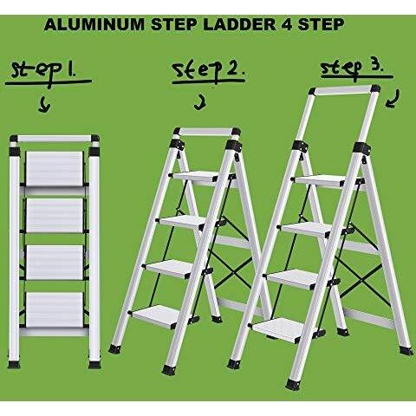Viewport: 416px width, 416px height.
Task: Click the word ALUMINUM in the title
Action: click(94, 24)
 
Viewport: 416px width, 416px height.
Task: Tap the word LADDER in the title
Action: click(239, 24)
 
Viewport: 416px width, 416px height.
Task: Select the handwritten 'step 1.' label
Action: click(44, 72)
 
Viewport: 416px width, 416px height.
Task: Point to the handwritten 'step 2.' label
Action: click(207, 71)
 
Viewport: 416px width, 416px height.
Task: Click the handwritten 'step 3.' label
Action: click(352, 68)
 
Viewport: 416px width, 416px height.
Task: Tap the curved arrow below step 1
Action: click(45, 106)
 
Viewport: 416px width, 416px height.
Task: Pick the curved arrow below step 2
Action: click(200, 103)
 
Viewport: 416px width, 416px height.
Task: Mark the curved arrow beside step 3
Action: click(393, 99)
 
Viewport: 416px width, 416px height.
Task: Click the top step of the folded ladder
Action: click(55, 168)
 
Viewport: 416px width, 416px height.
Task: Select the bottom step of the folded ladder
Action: click(55, 309)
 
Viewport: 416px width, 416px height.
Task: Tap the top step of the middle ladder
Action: click(197, 177)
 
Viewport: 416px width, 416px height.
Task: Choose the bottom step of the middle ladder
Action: click(156, 315)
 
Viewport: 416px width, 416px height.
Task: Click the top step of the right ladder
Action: click(319, 181)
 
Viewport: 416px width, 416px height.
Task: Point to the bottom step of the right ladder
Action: click(279, 329)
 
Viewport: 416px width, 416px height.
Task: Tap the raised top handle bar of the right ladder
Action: click(344, 90)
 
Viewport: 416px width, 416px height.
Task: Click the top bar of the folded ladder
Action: click(55, 139)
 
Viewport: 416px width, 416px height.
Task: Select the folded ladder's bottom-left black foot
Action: click(14, 364)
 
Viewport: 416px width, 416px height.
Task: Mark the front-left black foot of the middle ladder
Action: click(114, 349)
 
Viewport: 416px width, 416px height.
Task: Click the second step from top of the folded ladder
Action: click(55, 216)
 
